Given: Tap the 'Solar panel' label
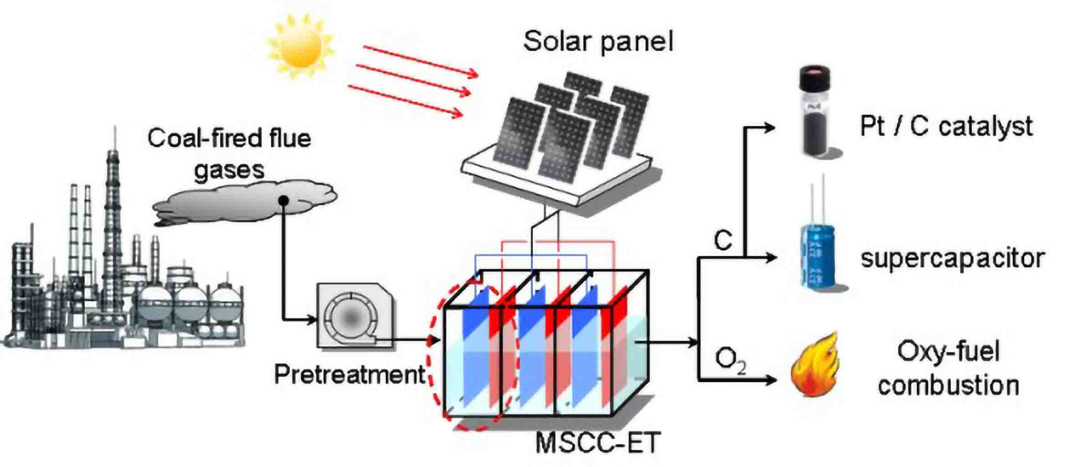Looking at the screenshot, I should tap(598, 41).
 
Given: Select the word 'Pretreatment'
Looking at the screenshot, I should tap(349, 375).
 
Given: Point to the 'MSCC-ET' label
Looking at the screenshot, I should tap(597, 442).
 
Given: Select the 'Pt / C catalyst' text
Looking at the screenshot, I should tap(946, 127).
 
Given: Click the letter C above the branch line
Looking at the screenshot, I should tap(723, 240).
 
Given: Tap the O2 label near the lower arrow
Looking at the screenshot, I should tap(730, 361).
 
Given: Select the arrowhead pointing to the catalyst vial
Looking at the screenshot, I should tap(770, 127).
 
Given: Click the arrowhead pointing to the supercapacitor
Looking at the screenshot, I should tap(771, 258).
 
